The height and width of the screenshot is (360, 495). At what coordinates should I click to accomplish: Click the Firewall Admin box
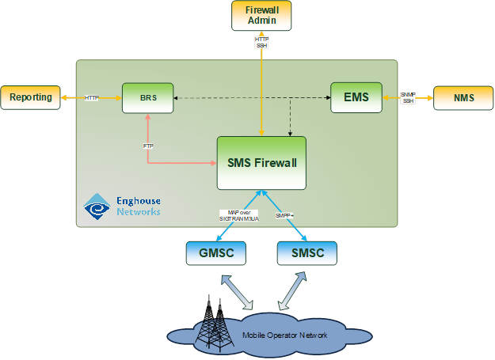[x=261, y=16]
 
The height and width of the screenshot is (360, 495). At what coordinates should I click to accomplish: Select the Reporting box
[x=30, y=97]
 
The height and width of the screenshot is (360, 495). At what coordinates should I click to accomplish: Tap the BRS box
[x=147, y=97]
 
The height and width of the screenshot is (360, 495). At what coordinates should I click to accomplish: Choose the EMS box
[x=356, y=97]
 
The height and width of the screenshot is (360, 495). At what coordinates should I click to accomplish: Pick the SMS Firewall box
[x=261, y=163]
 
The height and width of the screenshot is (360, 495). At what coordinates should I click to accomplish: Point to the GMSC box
[x=215, y=252]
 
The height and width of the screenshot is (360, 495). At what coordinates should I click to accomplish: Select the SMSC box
[x=307, y=252]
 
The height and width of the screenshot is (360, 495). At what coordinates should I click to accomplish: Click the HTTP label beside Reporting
[x=92, y=97]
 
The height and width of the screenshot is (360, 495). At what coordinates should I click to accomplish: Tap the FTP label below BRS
[x=148, y=146]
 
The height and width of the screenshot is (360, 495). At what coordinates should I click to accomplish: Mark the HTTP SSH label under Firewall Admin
[x=261, y=42]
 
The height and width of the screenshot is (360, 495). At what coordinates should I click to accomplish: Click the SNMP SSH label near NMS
[x=408, y=97]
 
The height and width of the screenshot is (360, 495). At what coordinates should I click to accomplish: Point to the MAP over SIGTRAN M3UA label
[x=234, y=216]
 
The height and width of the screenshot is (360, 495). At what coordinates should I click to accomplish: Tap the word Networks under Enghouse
[x=138, y=212]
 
